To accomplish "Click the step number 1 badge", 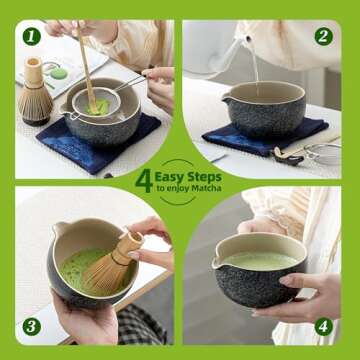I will point(31,36).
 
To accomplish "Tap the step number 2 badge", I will point(323,36).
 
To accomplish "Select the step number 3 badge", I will point(31,325).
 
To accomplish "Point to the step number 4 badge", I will point(323,325).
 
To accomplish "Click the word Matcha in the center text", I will point(205,188).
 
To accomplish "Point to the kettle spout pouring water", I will point(243,41).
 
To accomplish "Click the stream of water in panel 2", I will point(254,70).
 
